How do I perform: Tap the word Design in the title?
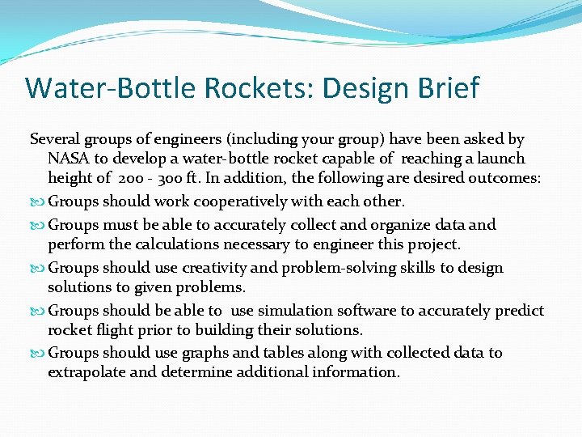(x=353, y=87)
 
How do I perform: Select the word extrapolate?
(x=86, y=372)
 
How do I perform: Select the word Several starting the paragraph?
(x=55, y=139)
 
